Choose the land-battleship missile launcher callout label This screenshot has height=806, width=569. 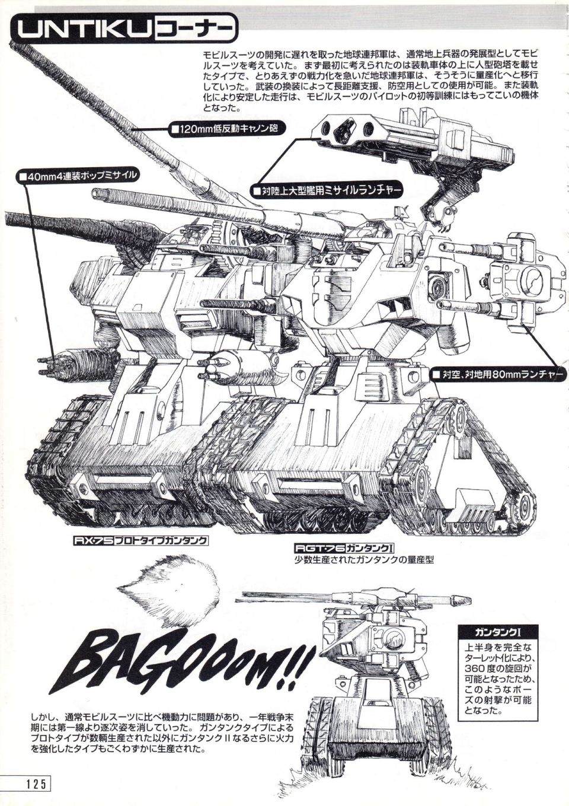coord(327,191)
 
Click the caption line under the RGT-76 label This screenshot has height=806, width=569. coord(364,571)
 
